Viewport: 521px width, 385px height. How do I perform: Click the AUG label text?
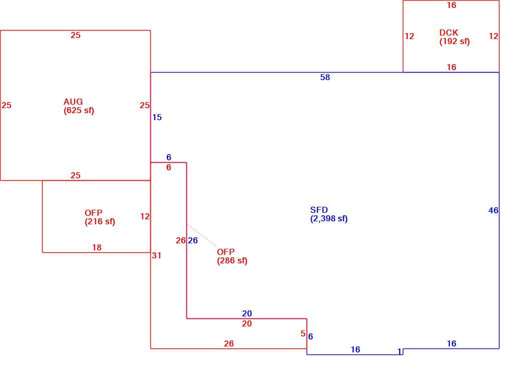(73, 102)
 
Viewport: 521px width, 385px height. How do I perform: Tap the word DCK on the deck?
(448, 33)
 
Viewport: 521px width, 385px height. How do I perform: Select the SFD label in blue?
(319, 210)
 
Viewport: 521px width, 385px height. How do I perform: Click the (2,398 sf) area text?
(329, 219)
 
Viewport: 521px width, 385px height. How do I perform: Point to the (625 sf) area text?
(79, 110)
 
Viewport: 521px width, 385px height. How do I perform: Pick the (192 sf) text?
(454, 41)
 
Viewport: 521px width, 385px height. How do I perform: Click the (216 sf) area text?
(100, 222)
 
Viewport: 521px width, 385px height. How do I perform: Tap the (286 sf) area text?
(232, 260)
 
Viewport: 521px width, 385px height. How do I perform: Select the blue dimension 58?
(325, 77)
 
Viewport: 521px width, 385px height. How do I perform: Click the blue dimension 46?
(493, 210)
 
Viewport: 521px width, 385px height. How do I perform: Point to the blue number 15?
(157, 117)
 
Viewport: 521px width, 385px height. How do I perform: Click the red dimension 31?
(156, 255)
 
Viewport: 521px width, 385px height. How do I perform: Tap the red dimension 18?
(97, 247)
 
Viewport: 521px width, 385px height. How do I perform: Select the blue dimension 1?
(399, 351)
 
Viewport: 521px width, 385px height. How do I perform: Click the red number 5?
(303, 333)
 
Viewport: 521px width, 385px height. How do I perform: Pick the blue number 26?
(193, 240)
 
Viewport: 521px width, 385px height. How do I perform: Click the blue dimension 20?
(247, 313)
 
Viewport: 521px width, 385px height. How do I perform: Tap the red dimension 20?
(247, 323)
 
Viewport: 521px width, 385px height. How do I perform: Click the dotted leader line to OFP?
(202, 235)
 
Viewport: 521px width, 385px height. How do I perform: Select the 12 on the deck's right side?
(493, 36)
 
